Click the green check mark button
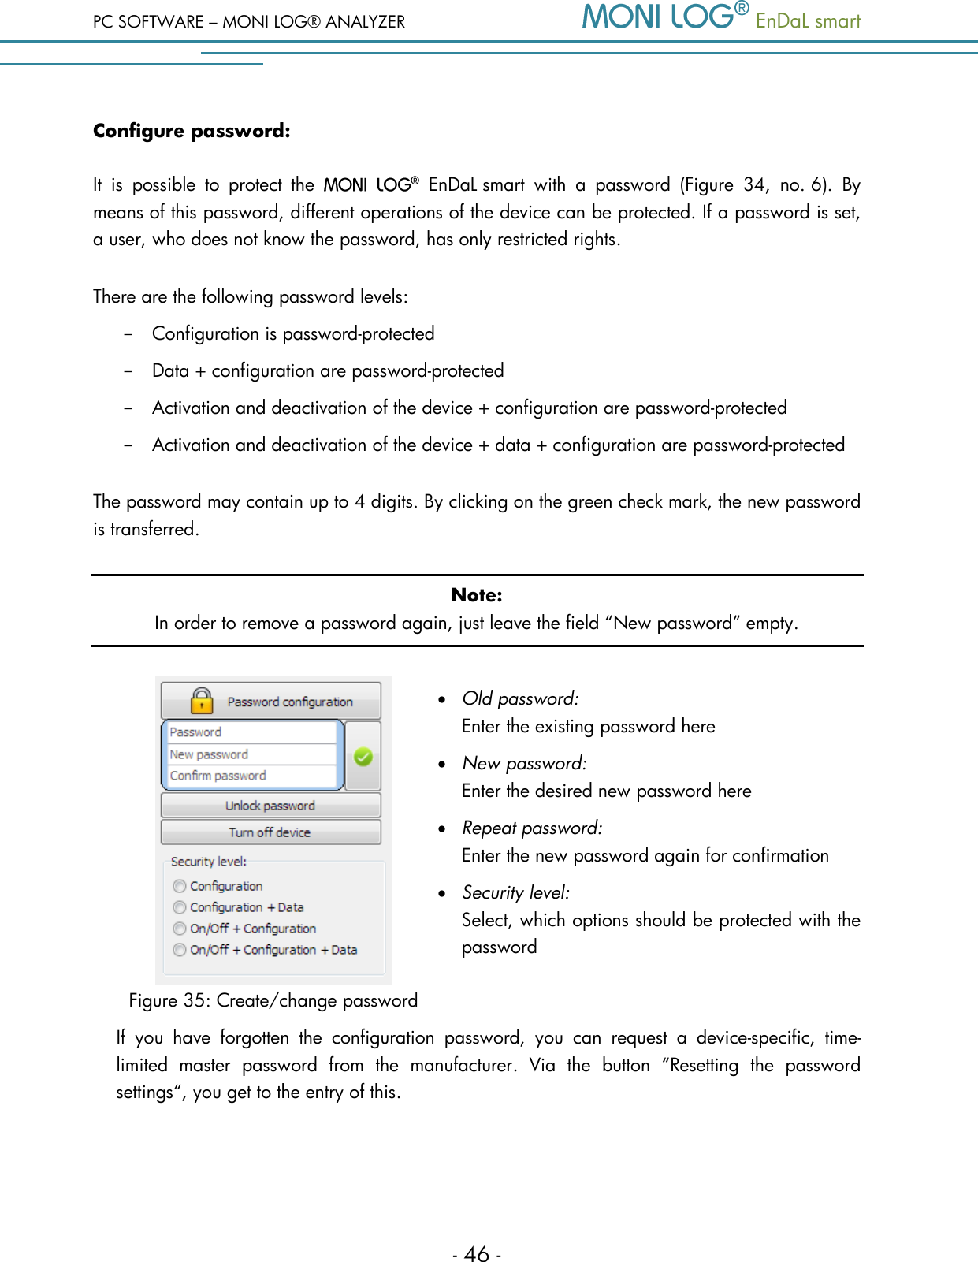click(x=363, y=757)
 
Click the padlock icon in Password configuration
click(x=202, y=700)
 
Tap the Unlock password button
click(x=270, y=806)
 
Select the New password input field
click(x=252, y=754)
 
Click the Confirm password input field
click(x=252, y=776)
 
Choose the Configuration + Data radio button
click(x=180, y=907)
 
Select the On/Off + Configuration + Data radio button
click(x=180, y=950)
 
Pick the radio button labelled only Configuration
click(x=180, y=886)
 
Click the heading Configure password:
click(x=192, y=131)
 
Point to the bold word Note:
click(x=477, y=595)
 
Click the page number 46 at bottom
click(x=477, y=1253)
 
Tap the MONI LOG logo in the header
click(x=664, y=17)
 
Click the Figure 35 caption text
click(x=273, y=1000)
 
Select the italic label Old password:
click(x=520, y=698)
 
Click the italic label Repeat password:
click(x=532, y=828)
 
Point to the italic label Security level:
click(x=515, y=892)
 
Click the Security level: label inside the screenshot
click(x=209, y=862)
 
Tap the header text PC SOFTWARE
click(x=148, y=22)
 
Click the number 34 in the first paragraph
click(x=754, y=185)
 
